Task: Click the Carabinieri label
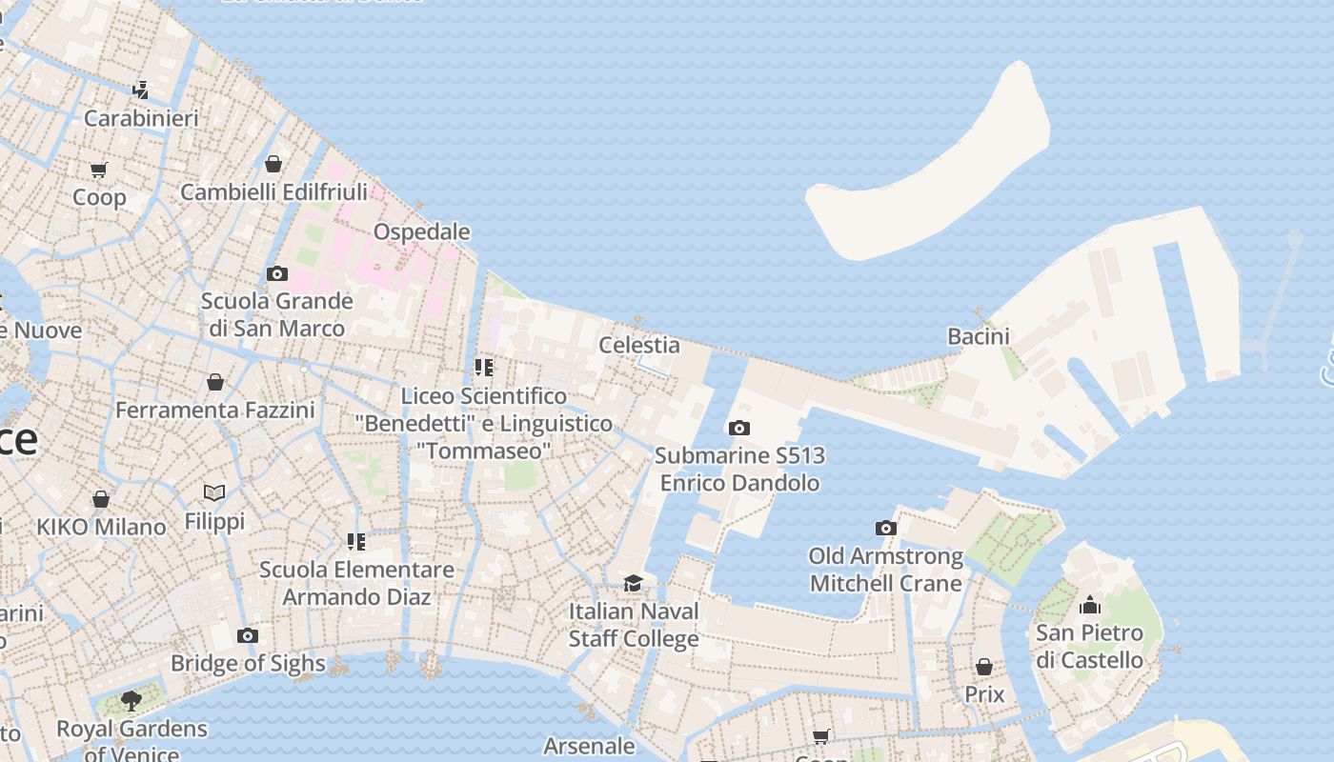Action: pos(141,118)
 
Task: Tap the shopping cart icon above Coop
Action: pos(99,170)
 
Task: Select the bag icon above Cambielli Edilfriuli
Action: pos(273,164)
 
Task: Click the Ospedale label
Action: pos(421,231)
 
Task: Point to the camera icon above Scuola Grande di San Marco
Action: pos(277,274)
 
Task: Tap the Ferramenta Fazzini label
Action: pos(215,411)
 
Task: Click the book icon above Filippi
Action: pos(214,492)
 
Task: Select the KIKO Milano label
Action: pos(101,527)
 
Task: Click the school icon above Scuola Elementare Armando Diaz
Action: pos(356,542)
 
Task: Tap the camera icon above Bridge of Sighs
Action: pos(248,635)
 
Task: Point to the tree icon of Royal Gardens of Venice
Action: pos(131,702)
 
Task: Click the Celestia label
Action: pos(639,345)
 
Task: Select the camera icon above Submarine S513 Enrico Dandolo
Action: pos(739,429)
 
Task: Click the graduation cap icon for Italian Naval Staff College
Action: pos(633,583)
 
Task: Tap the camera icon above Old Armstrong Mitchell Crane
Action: pos(886,528)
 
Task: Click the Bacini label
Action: pos(979,336)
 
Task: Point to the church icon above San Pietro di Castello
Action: pos(1090,605)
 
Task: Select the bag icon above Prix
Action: pos(984,667)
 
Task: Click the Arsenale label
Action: pos(589,745)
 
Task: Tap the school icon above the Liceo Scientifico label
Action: pos(484,367)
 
